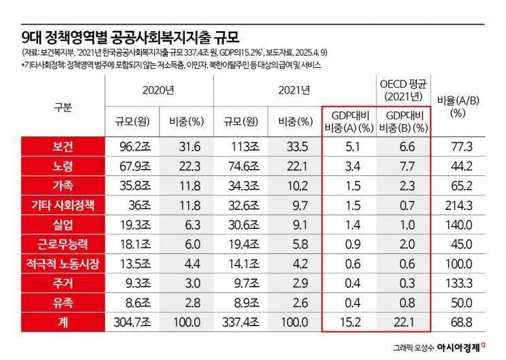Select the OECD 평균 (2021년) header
pyautogui.click(x=403, y=89)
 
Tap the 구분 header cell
pyautogui.click(x=62, y=107)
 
